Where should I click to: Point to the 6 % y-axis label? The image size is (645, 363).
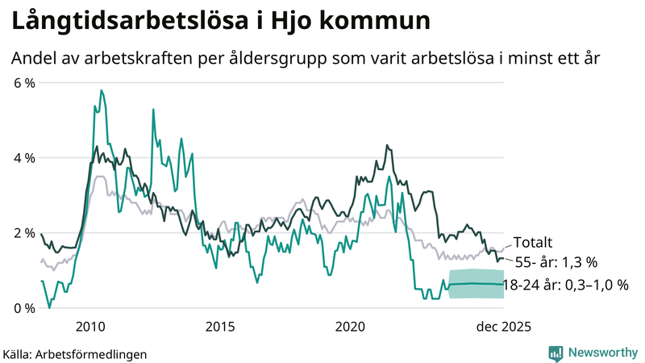23,82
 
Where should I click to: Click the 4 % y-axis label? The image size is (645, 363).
23,157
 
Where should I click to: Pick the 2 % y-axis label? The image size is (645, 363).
23,233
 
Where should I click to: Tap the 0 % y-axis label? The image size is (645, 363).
23,308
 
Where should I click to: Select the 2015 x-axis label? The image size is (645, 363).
219,327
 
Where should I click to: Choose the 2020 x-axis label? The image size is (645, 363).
350,327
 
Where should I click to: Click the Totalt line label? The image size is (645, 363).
535,242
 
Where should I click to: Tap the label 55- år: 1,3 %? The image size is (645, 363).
556,262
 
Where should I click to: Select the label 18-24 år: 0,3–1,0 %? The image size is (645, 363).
565,285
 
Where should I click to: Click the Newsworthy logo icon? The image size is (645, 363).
556,353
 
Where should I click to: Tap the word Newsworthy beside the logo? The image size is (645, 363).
603,353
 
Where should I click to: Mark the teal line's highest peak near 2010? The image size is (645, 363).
101,90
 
